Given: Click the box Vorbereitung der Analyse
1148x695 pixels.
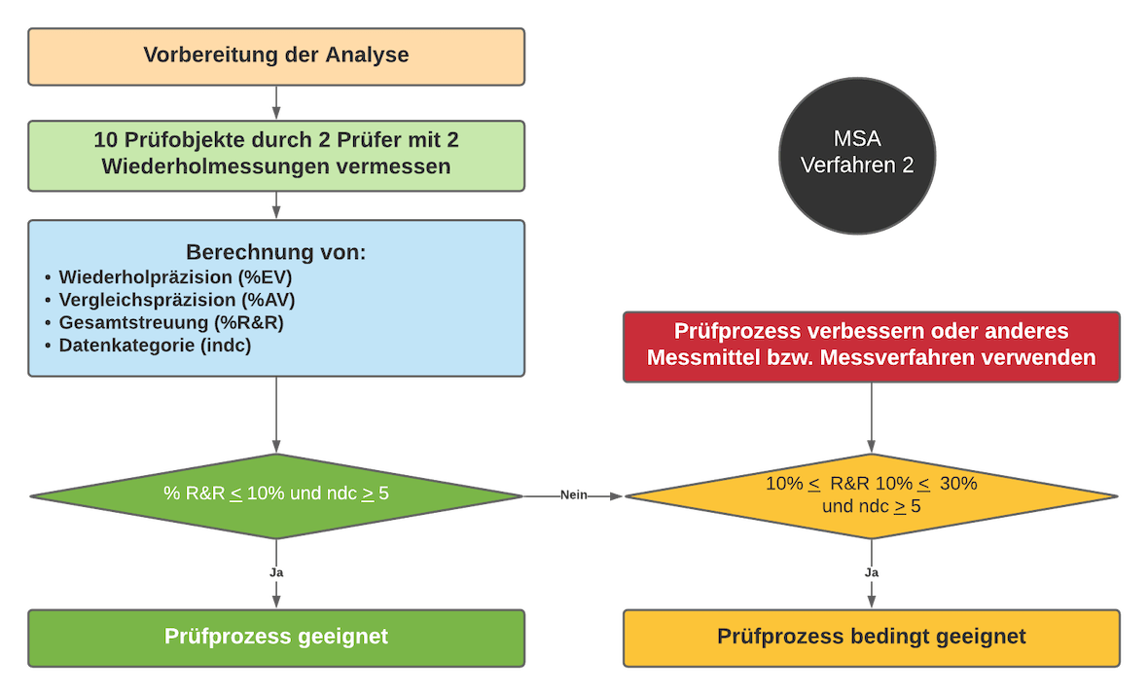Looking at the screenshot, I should pyautogui.click(x=276, y=55).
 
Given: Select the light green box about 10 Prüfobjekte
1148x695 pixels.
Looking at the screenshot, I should pyautogui.click(x=276, y=154).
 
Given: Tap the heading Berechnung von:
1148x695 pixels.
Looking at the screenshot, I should pyautogui.click(x=276, y=252).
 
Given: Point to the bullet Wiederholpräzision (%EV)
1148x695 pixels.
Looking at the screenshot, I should pyautogui.click(x=175, y=277).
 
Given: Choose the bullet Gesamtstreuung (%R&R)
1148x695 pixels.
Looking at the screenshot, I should pyautogui.click(x=171, y=322).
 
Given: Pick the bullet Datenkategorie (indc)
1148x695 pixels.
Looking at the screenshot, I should pyautogui.click(x=155, y=345).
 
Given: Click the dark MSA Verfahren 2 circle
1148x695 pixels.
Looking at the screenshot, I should pyautogui.click(x=857, y=154).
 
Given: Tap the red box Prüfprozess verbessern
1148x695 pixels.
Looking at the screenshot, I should pyautogui.click(x=871, y=345).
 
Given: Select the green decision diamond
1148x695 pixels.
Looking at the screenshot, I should pyautogui.click(x=276, y=494).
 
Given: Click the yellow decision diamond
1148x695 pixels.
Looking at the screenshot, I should pyautogui.click(x=871, y=494).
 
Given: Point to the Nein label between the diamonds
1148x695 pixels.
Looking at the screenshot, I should pyautogui.click(x=574, y=495).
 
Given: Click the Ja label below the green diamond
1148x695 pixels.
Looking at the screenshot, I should pyautogui.click(x=276, y=573).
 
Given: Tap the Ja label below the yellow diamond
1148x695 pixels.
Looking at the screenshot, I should pyautogui.click(x=872, y=573).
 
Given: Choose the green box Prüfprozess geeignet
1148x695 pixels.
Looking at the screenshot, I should pyautogui.click(x=276, y=638).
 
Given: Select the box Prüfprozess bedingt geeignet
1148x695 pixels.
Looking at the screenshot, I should pyautogui.click(x=871, y=638).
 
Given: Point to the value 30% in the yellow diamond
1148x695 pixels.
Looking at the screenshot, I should pyautogui.click(x=957, y=484).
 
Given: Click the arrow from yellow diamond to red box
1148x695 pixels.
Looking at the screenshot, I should pyautogui.click(x=871, y=418).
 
